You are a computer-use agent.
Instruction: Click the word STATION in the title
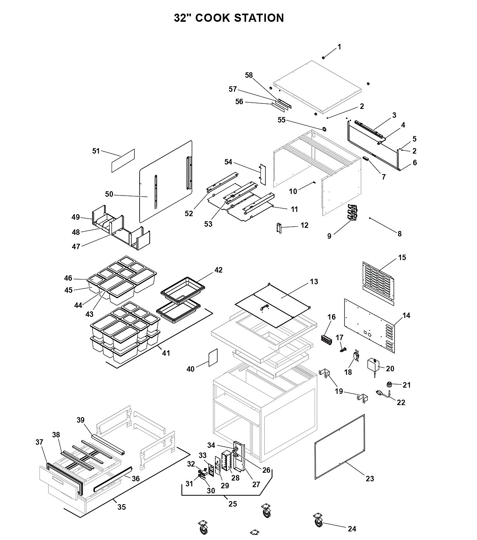pyautogui.click(x=259, y=18)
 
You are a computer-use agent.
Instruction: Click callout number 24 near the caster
pyautogui.click(x=352, y=529)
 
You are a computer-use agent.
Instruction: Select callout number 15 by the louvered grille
pyautogui.click(x=402, y=257)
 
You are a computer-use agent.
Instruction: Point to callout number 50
pyautogui.click(x=109, y=194)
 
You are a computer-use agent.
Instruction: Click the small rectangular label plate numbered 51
pyautogui.click(x=123, y=161)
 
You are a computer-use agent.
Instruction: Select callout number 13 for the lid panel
pyautogui.click(x=314, y=281)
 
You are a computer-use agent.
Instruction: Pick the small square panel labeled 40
pyautogui.click(x=213, y=358)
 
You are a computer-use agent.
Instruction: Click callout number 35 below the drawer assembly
pyautogui.click(x=122, y=507)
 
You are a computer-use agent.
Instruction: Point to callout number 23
pyautogui.click(x=370, y=479)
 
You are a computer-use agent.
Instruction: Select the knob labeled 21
pyautogui.click(x=389, y=384)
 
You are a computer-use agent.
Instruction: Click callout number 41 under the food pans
pyautogui.click(x=166, y=353)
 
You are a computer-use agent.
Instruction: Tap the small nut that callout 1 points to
pyautogui.click(x=323, y=58)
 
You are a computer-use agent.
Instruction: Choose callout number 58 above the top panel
pyautogui.click(x=249, y=75)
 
